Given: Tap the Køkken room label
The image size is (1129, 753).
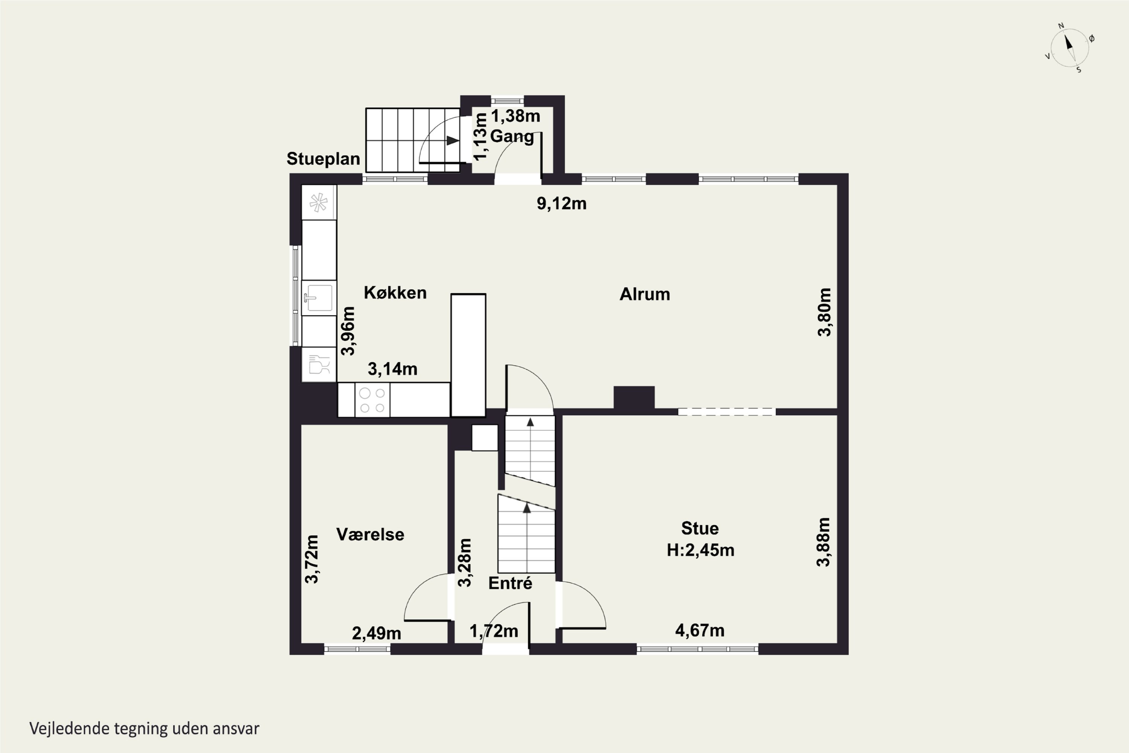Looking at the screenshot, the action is tap(395, 293).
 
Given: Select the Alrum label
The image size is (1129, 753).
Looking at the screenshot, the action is tap(645, 294).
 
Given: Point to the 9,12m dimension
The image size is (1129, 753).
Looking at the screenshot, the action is tap(561, 204).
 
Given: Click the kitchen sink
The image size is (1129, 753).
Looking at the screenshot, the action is tap(319, 298).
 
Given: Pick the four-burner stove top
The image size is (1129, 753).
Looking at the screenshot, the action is tap(372, 400).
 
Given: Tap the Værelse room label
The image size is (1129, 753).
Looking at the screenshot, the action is tap(370, 535).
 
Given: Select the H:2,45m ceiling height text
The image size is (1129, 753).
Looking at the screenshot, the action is tap(700, 550).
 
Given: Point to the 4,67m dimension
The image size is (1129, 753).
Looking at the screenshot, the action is tap(700, 631).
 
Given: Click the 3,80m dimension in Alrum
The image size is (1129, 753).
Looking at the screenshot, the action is tap(824, 312).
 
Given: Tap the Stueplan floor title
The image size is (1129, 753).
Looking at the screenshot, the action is tap(323, 159).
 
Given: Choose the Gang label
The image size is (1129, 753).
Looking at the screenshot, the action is tap(512, 136).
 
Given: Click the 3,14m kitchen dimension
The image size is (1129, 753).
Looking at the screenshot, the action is tap(393, 369).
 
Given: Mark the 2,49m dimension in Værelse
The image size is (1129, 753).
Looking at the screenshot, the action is tap(376, 633).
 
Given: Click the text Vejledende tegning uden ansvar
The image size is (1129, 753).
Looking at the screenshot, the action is tap(145, 729).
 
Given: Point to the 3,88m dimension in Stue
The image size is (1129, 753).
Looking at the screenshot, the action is tap(823, 542).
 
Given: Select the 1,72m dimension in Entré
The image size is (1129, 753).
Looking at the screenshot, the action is tap(494, 631).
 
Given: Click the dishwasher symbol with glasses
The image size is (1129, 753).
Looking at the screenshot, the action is tap(319, 364).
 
